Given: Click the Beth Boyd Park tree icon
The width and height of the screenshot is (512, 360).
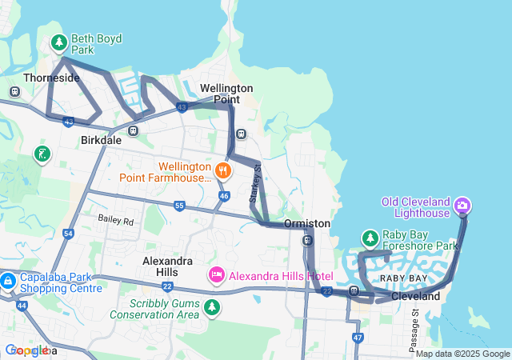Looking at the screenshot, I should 58,42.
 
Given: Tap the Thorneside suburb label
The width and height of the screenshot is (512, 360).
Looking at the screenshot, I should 51,78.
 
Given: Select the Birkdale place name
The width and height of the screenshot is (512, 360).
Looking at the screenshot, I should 101,139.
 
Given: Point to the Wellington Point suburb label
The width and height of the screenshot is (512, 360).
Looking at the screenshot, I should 226,93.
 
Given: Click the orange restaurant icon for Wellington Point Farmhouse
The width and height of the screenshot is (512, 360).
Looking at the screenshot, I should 223,170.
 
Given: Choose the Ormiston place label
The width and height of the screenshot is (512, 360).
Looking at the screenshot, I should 307,223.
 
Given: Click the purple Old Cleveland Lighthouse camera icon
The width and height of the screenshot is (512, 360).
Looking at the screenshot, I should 462,207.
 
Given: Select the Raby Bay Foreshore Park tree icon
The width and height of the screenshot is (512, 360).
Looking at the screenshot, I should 370,238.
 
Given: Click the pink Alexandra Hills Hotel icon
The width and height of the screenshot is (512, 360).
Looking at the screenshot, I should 216,276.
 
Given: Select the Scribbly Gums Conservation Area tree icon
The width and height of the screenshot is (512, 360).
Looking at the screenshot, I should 212,307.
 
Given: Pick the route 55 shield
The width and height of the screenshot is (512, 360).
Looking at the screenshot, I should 179,206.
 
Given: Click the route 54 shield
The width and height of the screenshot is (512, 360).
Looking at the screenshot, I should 68,234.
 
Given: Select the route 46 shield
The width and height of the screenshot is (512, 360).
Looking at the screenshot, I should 224,195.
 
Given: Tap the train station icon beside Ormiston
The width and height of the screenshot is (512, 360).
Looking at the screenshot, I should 307,240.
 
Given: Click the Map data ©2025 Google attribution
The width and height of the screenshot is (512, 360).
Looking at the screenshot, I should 462,354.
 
